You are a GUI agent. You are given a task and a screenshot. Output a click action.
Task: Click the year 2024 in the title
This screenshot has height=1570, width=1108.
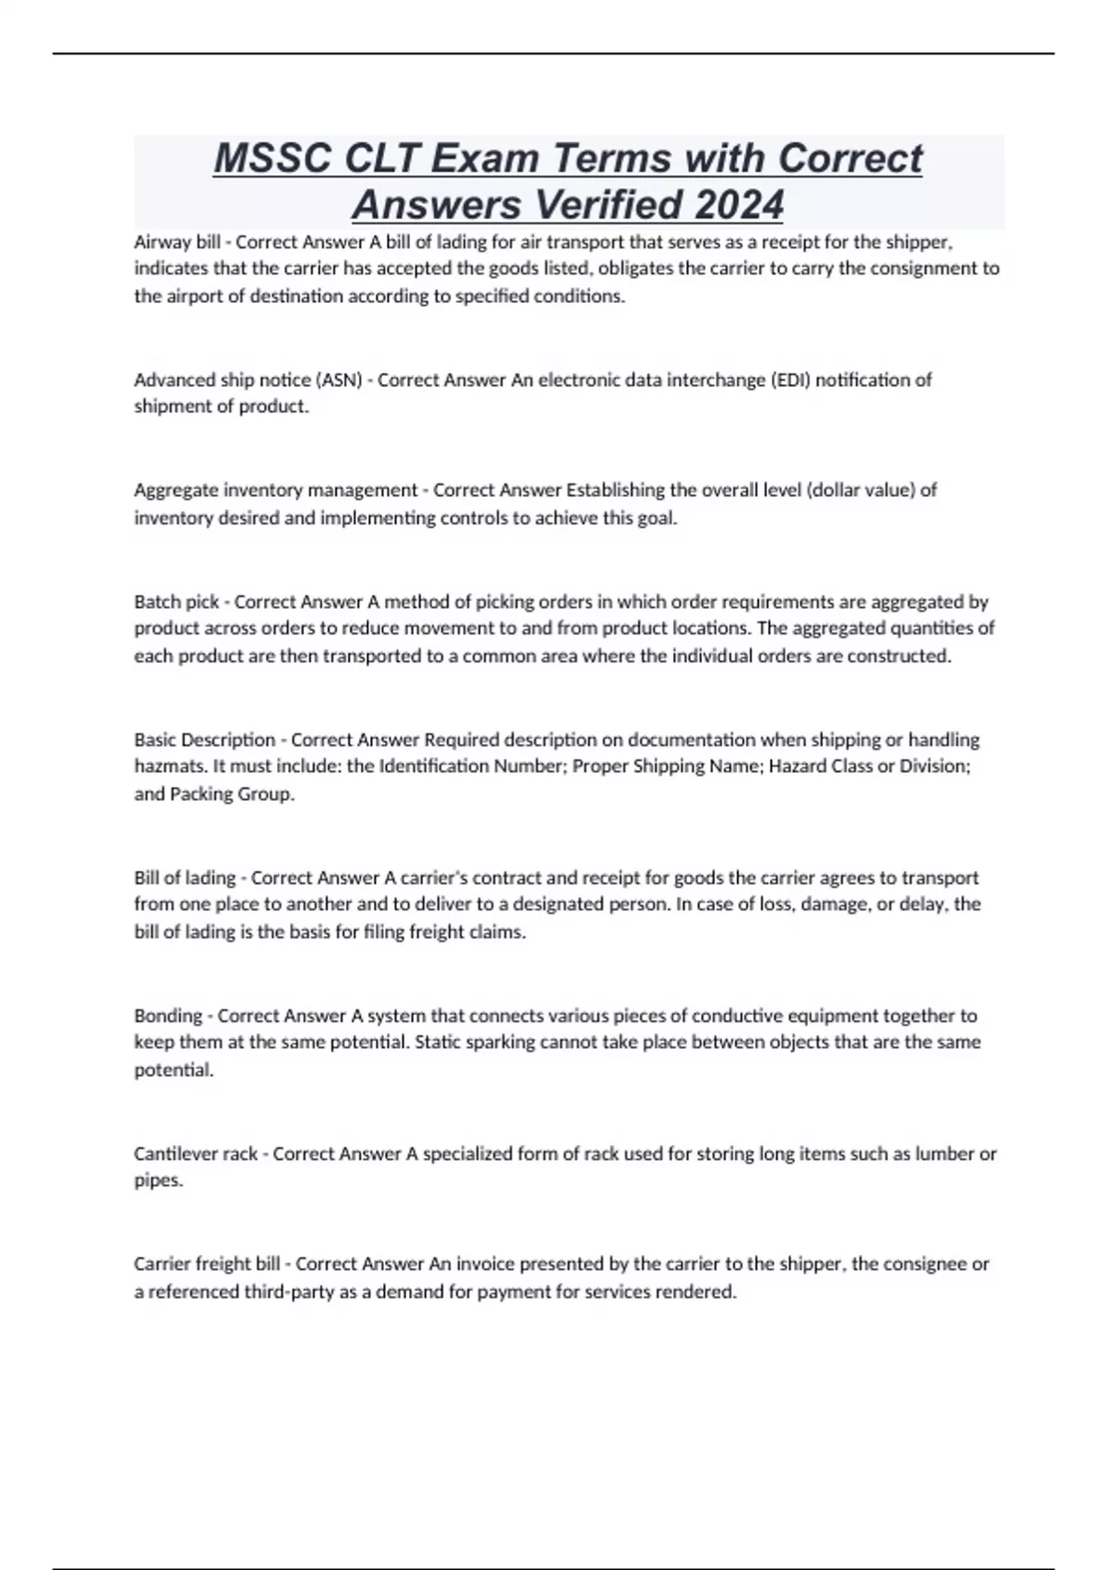coord(739,205)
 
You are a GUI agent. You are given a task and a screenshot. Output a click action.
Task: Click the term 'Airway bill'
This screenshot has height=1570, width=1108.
coord(177,242)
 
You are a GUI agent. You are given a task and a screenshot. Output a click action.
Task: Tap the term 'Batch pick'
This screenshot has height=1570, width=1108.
coord(176,602)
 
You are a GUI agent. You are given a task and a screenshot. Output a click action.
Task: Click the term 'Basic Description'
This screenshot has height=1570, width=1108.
coord(205,740)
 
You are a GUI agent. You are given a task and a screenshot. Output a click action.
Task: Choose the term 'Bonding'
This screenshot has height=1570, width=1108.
coord(168,1016)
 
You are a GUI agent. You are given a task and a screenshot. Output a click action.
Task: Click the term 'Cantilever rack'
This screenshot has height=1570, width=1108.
coord(196,1153)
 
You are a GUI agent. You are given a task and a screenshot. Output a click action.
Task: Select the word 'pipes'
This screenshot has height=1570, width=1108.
coord(157,1181)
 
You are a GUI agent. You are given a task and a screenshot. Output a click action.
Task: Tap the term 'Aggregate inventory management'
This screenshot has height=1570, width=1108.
coord(276,489)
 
